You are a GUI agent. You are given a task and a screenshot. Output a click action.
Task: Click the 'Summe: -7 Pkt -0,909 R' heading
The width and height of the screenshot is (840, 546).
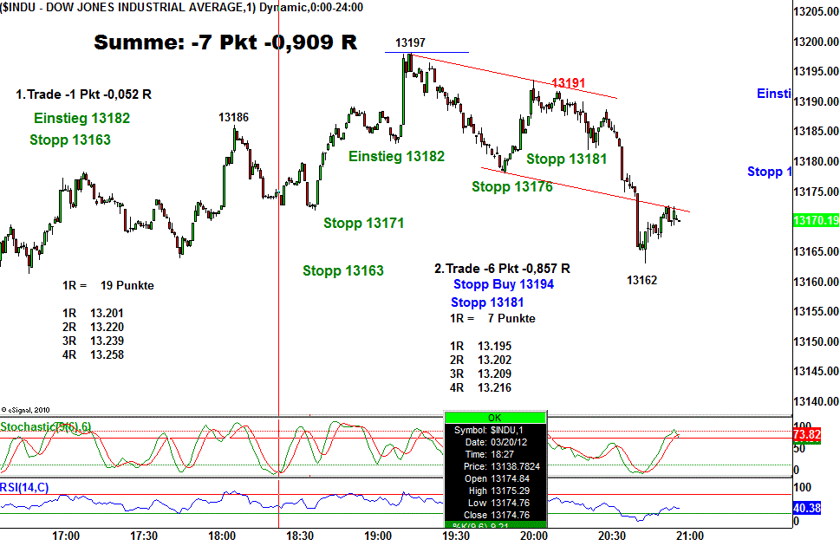225,42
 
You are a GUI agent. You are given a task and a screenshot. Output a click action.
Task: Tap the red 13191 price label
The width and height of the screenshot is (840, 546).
569,82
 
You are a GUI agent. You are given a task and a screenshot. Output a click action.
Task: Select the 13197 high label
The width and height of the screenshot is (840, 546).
410,43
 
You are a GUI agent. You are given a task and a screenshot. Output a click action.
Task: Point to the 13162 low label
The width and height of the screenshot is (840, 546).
642,280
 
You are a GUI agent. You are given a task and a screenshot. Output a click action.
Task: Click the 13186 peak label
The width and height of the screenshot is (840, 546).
233,117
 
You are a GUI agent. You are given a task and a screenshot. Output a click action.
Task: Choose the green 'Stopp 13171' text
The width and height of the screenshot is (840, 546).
364,223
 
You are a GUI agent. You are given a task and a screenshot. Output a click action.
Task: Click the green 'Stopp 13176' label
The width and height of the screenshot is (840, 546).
511,186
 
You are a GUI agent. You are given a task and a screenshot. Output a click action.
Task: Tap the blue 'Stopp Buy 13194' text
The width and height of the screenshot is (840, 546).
503,284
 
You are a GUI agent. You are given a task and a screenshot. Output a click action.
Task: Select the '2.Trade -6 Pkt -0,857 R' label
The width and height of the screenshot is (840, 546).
502,269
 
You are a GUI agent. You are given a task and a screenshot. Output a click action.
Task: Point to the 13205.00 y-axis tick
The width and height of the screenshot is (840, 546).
816,11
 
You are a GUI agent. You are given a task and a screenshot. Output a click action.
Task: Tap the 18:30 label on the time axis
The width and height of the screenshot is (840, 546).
299,536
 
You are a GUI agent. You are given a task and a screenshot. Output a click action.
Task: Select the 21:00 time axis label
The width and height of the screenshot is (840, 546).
689,536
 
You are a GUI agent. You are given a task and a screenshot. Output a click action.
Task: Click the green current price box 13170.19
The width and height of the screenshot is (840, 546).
816,221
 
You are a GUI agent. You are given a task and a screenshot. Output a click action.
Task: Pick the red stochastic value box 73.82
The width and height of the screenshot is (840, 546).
807,433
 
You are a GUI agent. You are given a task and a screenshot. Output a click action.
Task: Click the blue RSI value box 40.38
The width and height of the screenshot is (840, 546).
807,508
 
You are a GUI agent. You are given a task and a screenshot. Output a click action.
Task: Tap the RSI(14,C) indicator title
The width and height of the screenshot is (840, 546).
24,487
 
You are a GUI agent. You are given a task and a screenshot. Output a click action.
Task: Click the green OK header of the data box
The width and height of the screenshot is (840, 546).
495,417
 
